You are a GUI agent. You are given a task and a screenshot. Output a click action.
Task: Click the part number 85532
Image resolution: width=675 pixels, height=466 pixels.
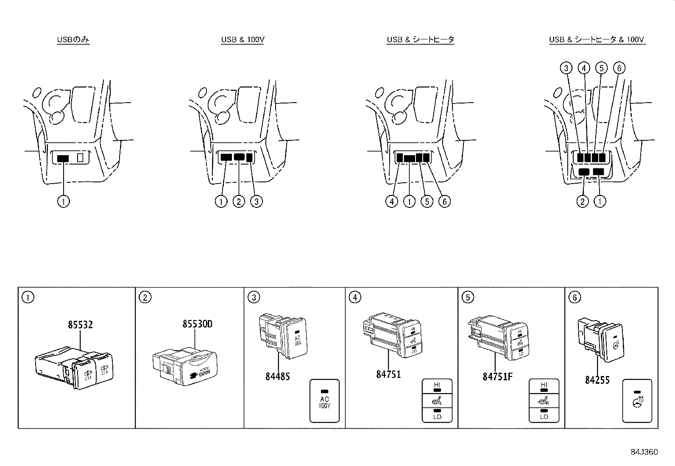[80, 325]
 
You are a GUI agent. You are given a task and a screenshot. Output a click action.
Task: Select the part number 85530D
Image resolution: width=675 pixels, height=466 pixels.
[197, 324]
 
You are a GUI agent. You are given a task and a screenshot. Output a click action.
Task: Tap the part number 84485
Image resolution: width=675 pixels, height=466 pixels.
[278, 376]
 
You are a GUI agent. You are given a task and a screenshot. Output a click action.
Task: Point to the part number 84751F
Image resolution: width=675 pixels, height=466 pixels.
[497, 376]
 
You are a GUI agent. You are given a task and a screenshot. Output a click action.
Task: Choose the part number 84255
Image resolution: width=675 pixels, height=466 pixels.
[597, 380]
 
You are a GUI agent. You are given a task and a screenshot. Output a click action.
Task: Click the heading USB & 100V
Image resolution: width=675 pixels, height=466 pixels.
[243, 39]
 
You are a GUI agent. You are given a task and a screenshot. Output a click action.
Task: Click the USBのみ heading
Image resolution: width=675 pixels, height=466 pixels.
[73, 39]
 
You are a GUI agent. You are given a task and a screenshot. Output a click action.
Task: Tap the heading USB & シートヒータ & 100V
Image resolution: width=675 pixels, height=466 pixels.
[597, 39]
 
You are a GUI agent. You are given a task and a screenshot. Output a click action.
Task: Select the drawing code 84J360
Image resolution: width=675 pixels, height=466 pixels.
[644, 452]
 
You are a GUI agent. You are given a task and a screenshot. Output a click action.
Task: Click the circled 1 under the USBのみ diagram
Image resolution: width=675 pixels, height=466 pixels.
[63, 201]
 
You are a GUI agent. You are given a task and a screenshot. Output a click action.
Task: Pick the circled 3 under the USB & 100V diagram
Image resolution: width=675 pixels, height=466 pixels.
[257, 201]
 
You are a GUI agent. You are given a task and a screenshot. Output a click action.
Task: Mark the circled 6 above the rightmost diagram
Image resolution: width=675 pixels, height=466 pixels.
[619, 68]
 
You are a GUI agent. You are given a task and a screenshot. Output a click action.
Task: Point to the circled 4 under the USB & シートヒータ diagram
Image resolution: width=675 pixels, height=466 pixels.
[392, 201]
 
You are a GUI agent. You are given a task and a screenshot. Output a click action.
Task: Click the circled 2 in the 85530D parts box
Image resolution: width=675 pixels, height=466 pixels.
[145, 297]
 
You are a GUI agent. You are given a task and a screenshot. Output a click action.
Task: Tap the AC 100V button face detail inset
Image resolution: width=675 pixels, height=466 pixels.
[325, 400]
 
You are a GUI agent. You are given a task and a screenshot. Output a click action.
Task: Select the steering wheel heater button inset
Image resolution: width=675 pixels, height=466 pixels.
[637, 400]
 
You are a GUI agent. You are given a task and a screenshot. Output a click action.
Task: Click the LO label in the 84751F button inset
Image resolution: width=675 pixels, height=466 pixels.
[544, 416]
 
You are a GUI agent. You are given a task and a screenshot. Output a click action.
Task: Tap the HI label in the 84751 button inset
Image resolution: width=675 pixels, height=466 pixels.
[437, 385]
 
